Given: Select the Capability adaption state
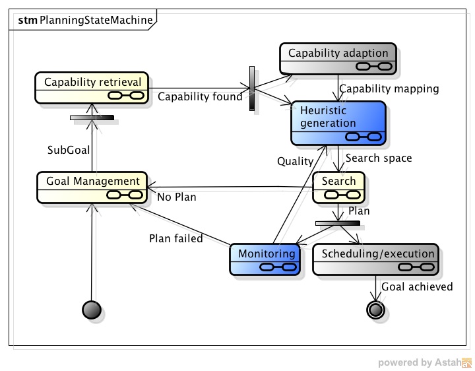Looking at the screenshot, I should coord(338,59).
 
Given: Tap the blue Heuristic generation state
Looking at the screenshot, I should coord(338,123).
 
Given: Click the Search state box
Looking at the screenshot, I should coord(338,187).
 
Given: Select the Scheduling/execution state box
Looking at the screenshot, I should coord(374,259).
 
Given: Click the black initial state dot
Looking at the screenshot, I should coord(91,309).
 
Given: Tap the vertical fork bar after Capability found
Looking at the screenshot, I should coord(252,88).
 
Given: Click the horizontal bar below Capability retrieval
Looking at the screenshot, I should coord(92,118).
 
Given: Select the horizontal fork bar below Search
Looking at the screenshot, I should coord(337,223).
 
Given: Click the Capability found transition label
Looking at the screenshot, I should coord(201,97).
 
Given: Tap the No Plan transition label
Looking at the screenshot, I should coord(177,196).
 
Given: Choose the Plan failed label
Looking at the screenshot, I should coord(175,238).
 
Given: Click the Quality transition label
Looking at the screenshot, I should coord(295,161).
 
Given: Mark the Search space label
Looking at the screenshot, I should coord(379,158).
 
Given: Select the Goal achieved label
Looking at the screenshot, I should coord(417,287).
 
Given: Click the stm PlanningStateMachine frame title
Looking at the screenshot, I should coord(86,20).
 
